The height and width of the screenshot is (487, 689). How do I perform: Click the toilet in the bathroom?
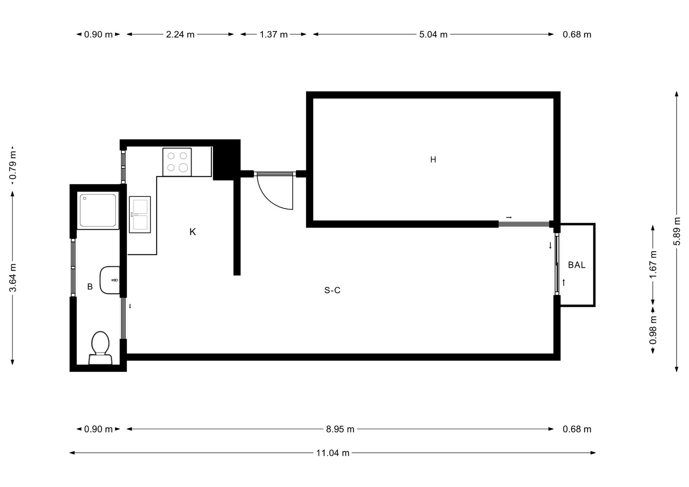pyautogui.click(x=100, y=347)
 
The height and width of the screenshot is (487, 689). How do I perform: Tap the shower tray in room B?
pyautogui.click(x=98, y=211)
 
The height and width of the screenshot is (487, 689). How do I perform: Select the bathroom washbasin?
pyautogui.click(x=110, y=280)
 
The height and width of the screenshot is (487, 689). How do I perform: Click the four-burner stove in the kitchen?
pyautogui.click(x=177, y=162)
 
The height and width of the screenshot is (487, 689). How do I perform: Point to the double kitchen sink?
pyautogui.click(x=140, y=214)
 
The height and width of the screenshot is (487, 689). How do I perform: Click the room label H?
pyautogui.click(x=433, y=160)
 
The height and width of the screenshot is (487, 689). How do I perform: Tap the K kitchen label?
pyautogui.click(x=193, y=232)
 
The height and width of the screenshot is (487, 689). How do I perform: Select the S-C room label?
pyautogui.click(x=332, y=290)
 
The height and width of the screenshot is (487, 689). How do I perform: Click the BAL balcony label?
pyautogui.click(x=577, y=265)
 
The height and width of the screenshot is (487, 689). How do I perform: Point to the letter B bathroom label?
pyautogui.click(x=90, y=287)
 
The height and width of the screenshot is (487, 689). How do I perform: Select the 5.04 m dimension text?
pyautogui.click(x=433, y=34)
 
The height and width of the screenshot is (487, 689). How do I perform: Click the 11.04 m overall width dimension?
pyautogui.click(x=333, y=453)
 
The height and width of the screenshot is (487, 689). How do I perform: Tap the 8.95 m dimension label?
pyautogui.click(x=340, y=429)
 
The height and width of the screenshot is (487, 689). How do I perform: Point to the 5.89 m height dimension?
pyautogui.click(x=677, y=231)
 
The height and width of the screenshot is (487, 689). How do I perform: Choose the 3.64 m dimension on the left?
pyautogui.click(x=13, y=278)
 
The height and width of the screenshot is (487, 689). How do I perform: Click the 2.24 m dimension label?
pyautogui.click(x=180, y=34)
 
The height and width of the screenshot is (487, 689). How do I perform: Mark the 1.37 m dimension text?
pyautogui.click(x=274, y=34)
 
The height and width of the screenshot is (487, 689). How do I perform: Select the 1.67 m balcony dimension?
pyautogui.click(x=653, y=264)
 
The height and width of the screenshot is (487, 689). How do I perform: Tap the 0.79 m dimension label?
pyautogui.click(x=13, y=165)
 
